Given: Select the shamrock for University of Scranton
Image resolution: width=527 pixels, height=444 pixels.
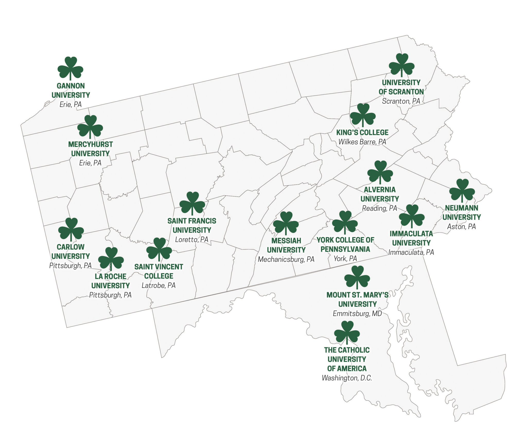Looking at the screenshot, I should click(x=401, y=65).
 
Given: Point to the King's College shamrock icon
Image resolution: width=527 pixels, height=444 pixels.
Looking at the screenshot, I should click(x=363, y=115).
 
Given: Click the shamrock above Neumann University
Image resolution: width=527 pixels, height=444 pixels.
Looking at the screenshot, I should click(x=462, y=190).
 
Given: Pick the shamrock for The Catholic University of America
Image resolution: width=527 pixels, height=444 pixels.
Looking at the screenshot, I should click(x=347, y=332).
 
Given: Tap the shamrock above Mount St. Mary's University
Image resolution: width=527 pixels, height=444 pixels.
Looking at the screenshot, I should click(x=357, y=277).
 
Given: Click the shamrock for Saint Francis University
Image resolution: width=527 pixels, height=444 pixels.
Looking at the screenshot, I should click(x=192, y=203).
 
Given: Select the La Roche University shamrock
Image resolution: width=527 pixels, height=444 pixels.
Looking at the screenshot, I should click(x=111, y=258).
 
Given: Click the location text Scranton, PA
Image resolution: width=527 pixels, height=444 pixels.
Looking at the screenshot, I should click(x=401, y=101).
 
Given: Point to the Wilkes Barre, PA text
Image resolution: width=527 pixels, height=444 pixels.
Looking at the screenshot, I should click(x=362, y=142).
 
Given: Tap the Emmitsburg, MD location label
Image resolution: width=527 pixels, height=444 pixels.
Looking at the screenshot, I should click(x=357, y=314).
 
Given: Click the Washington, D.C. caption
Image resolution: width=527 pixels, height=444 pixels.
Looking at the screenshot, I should click(x=347, y=378).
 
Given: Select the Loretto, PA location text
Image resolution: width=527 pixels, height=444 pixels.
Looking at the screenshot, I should click(x=192, y=239).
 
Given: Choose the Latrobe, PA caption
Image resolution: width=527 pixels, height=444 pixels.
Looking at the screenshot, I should click(x=159, y=285).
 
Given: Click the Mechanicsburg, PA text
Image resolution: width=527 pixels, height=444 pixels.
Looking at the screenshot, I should click(x=286, y=259).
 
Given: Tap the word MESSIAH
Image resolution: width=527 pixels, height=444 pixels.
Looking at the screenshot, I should click(x=286, y=241).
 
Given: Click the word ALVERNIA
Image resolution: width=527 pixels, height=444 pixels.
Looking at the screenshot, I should click(x=380, y=190).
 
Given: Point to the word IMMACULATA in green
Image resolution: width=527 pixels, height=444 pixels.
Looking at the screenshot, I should click(x=411, y=234).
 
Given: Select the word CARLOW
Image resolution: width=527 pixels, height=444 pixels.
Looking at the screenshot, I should click(x=71, y=247).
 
